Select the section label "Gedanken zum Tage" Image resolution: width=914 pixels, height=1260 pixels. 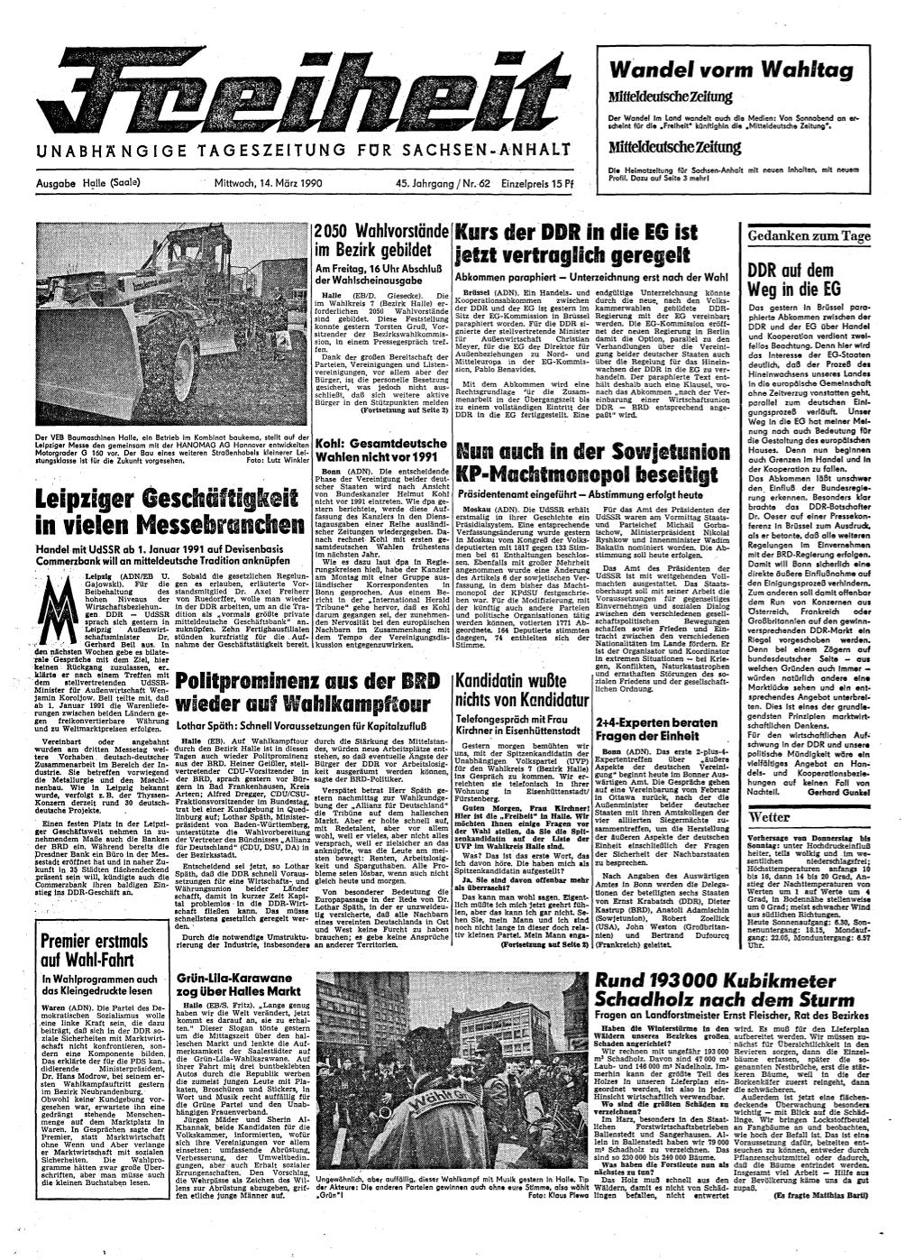tap(807, 237)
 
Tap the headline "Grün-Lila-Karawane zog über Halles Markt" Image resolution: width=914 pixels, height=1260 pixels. tap(247, 986)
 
